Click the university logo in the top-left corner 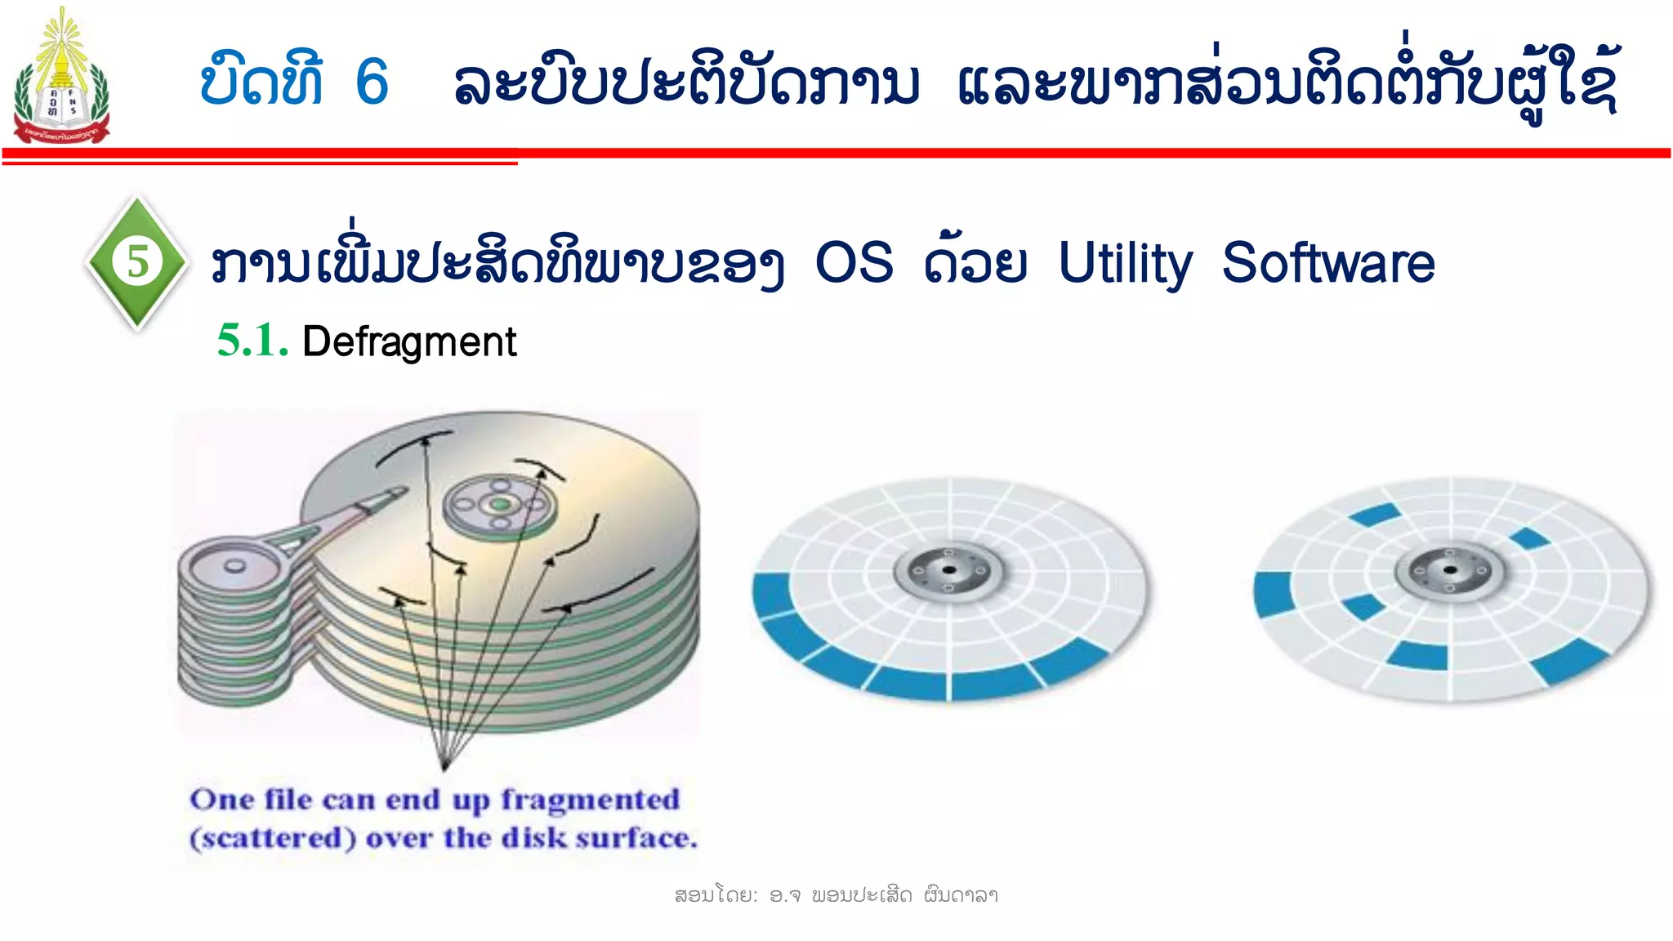click(61, 78)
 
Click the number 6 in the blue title click(372, 82)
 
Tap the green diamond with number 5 click(137, 262)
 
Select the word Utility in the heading click(1125, 264)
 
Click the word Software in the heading click(1328, 264)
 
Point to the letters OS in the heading click(854, 264)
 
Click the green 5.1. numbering click(252, 341)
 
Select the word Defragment click(409, 341)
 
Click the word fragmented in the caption click(590, 799)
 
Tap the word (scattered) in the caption click(273, 838)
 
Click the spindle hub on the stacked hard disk click(499, 504)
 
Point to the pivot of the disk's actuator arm click(234, 565)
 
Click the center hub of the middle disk click(948, 570)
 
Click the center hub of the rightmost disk click(1449, 569)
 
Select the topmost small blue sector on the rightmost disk click(1375, 515)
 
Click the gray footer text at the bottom click(836, 895)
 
